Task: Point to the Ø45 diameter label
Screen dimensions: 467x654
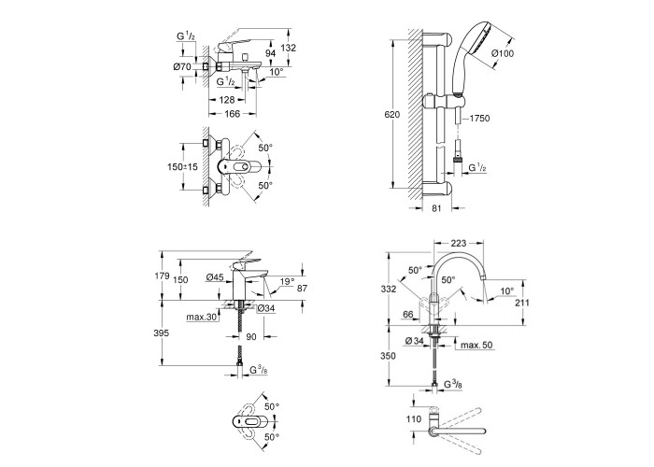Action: click(215, 276)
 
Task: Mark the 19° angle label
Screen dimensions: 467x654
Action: click(286, 277)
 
